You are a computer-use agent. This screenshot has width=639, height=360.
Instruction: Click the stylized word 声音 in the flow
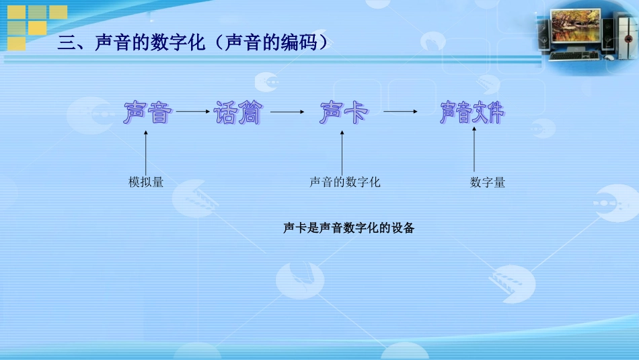(147, 113)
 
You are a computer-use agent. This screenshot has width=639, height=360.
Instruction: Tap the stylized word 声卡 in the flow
(343, 113)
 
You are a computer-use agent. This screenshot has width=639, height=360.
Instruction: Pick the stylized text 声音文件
(472, 113)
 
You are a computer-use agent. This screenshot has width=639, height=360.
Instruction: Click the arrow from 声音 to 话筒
(192, 112)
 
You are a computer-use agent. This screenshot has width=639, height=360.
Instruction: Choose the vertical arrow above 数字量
(474, 149)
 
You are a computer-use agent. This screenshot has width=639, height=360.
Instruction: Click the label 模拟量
(146, 182)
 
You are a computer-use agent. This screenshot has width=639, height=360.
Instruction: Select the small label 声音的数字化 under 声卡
(344, 182)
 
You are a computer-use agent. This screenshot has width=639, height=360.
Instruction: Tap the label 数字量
(487, 182)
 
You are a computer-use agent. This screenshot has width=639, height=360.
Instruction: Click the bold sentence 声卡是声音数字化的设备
(348, 228)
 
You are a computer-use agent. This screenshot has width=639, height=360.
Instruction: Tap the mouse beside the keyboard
(609, 58)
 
